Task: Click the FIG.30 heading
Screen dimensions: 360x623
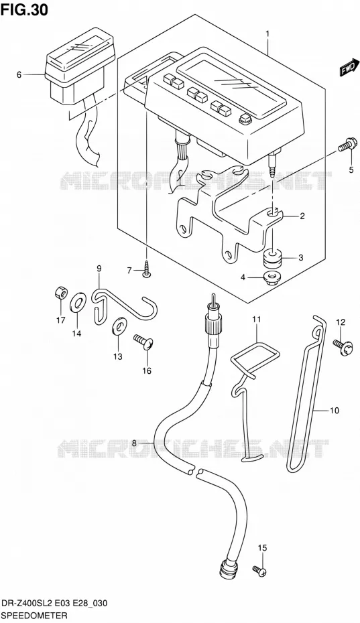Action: (24, 9)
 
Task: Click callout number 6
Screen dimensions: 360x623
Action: (19, 74)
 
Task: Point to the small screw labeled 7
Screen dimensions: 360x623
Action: (147, 269)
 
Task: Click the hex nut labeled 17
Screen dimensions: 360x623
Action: (61, 293)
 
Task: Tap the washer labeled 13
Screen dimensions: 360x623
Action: (119, 326)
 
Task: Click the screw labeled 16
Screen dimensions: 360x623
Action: (144, 342)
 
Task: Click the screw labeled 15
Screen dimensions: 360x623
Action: (259, 571)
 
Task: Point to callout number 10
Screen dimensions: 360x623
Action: (335, 411)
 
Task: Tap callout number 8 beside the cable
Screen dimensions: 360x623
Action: (134, 443)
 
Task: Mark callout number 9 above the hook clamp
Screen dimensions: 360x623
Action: (99, 268)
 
